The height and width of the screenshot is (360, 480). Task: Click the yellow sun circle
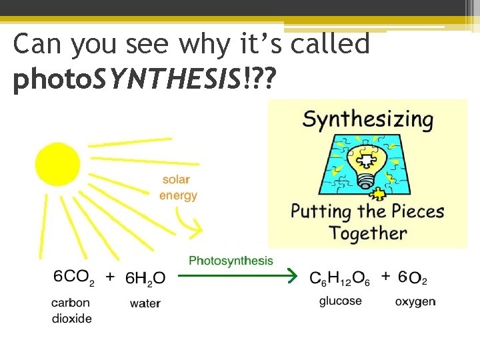tap(57, 164)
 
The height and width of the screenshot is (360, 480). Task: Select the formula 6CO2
tap(73, 277)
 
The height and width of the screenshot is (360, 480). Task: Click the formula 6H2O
tap(145, 278)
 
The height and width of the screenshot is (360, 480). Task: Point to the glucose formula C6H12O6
tap(339, 278)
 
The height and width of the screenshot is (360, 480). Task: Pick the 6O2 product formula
tap(413, 277)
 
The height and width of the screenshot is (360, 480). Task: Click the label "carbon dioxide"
tap(71, 310)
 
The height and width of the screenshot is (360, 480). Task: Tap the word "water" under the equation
tap(145, 303)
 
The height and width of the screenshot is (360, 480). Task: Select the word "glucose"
tap(340, 301)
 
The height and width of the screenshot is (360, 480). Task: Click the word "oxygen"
tap(415, 301)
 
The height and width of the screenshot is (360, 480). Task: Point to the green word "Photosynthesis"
tap(231, 261)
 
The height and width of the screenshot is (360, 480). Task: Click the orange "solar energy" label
tap(178, 187)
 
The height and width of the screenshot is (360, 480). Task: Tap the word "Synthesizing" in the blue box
tap(367, 121)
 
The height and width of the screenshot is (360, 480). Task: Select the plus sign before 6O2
tap(385, 275)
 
